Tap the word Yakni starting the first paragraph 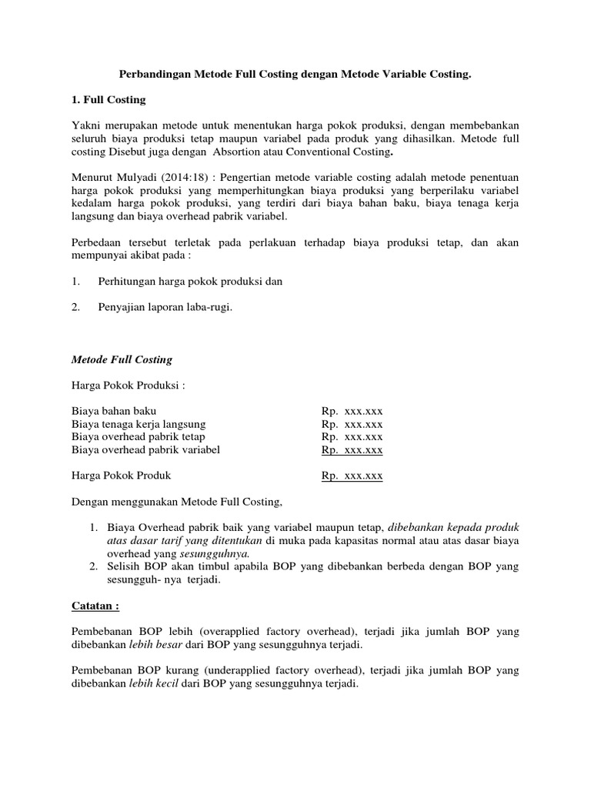[86, 125]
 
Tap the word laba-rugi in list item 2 [209, 307]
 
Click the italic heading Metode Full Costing [122, 359]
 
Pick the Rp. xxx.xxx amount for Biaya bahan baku [352, 411]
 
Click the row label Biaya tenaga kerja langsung [139, 424]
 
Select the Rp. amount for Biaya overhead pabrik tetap [352, 437]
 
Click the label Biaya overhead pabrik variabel [145, 449]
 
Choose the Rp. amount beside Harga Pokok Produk [352, 476]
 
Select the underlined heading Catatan [95, 606]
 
